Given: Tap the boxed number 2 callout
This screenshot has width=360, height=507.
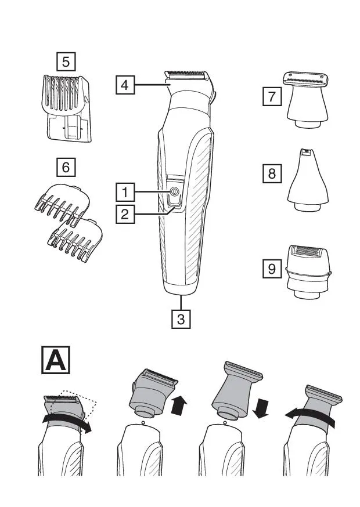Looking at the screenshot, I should pyautogui.click(x=124, y=213).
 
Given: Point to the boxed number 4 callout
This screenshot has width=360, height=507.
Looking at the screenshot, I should pyautogui.click(x=124, y=85).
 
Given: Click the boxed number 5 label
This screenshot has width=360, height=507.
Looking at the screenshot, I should pyautogui.click(x=66, y=60).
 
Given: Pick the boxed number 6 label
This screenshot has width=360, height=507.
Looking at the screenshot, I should pyautogui.click(x=66, y=168).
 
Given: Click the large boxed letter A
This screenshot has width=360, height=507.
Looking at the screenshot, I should pyautogui.click(x=56, y=361).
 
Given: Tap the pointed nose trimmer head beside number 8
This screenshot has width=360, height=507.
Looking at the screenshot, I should pyautogui.click(x=307, y=179).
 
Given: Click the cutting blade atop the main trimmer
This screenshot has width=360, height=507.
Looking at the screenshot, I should pyautogui.click(x=187, y=76).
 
